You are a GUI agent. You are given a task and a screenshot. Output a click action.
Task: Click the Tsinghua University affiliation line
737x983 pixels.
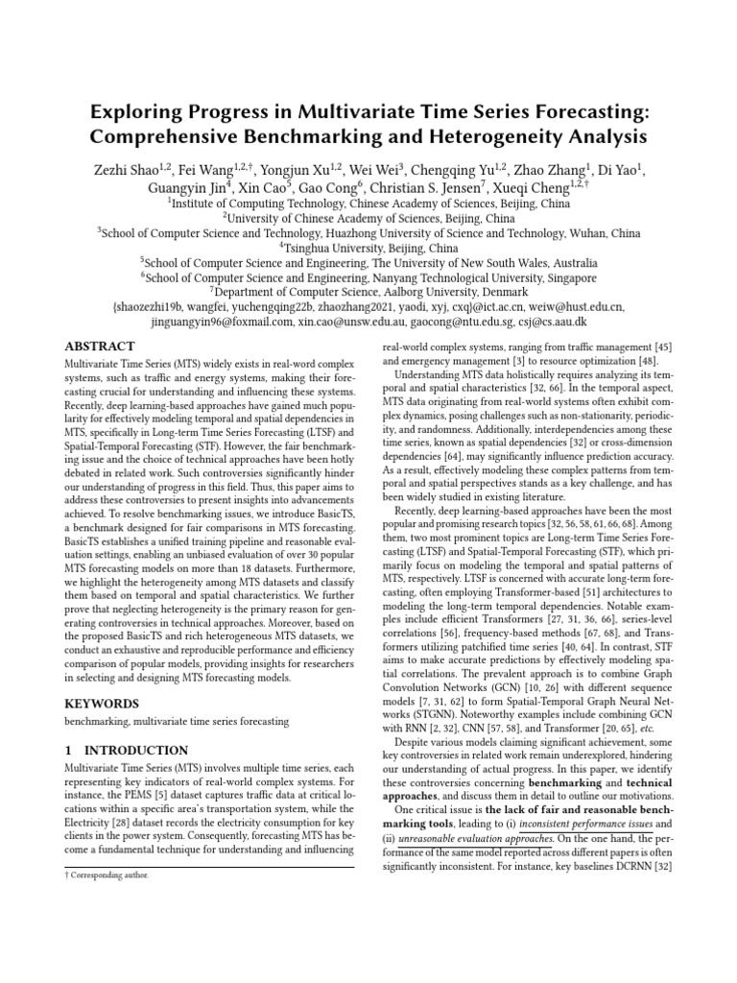(x=368, y=247)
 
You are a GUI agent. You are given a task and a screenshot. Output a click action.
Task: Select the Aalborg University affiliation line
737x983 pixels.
(x=368, y=292)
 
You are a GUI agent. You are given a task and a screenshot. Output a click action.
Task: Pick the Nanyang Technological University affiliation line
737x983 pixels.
(x=368, y=276)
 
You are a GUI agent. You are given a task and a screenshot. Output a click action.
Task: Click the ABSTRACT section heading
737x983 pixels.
(x=100, y=346)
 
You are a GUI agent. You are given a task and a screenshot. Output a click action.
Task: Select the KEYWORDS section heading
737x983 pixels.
(x=101, y=676)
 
